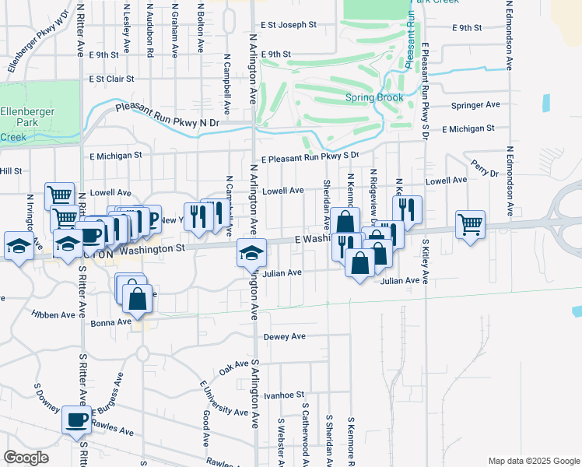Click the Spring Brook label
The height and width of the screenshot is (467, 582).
pyautogui.click(x=374, y=98)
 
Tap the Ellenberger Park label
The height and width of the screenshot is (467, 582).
pyautogui.click(x=27, y=118)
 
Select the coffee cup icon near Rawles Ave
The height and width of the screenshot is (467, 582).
pyautogui.click(x=76, y=420)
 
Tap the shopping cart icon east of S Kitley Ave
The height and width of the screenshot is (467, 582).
pyautogui.click(x=470, y=226)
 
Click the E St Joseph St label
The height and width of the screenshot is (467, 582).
pyautogui.click(x=289, y=25)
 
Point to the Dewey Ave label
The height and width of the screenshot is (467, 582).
pyautogui.click(x=284, y=337)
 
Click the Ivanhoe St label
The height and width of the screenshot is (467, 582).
pyautogui.click(x=281, y=395)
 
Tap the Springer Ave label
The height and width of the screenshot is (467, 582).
pyautogui.click(x=475, y=104)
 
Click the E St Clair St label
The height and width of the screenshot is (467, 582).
pyautogui.click(x=111, y=79)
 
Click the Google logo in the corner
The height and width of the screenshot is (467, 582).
pyautogui.click(x=25, y=457)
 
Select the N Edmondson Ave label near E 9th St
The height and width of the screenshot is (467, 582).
pyautogui.click(x=510, y=35)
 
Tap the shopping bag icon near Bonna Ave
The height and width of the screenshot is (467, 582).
pyautogui.click(x=137, y=300)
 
